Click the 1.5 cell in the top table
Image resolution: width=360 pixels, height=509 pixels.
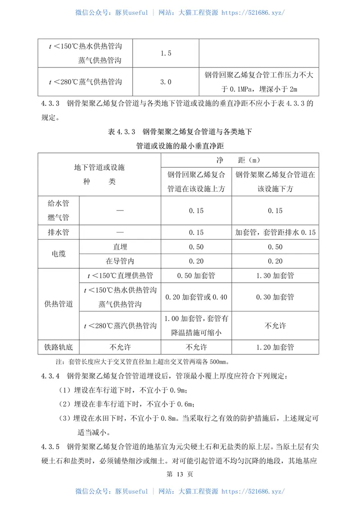tap(166, 54)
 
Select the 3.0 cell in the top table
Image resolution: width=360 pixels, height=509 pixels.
tap(166, 82)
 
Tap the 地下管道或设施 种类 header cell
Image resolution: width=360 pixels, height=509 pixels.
tap(99, 174)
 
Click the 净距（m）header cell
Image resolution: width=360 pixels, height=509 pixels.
tap(240, 160)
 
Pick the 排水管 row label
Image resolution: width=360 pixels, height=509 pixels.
tap(58, 232)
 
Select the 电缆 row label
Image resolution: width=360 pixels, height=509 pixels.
tap(58, 254)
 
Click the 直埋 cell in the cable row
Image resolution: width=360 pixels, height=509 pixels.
tap(120, 247)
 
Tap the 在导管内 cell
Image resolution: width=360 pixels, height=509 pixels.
tap(120, 261)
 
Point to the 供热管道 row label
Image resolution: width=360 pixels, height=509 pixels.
tap(58, 304)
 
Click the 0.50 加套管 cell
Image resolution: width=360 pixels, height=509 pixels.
tap(196, 276)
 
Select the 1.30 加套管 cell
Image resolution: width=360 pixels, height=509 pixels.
tap(275, 276)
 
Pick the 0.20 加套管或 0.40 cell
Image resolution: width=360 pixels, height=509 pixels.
tap(196, 297)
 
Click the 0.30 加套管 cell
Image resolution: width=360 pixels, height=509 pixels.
tap(275, 297)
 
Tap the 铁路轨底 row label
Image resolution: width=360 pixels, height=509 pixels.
tap(58, 347)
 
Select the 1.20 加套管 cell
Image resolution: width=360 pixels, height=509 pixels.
tap(275, 347)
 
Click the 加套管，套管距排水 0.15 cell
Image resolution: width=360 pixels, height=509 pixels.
tap(275, 232)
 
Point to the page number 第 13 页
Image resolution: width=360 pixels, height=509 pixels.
tap(180, 474)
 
